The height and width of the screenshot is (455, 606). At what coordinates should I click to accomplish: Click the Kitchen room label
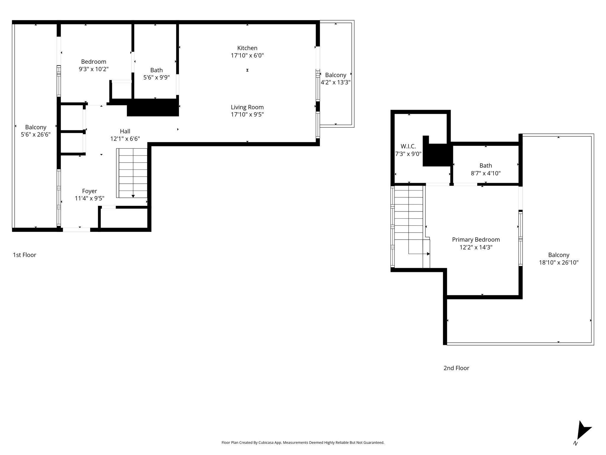click(247, 48)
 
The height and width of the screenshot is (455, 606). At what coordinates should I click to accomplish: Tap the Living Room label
click(247, 107)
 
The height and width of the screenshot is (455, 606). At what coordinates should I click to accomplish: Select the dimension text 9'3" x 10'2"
click(94, 69)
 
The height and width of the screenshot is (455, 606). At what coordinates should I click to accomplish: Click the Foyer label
click(89, 191)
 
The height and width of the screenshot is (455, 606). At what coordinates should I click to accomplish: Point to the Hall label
click(125, 131)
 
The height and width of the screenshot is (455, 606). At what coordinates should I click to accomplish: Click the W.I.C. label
click(408, 146)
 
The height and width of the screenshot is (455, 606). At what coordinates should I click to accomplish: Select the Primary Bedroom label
click(476, 240)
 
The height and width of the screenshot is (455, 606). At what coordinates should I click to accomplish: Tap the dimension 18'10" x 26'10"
click(559, 262)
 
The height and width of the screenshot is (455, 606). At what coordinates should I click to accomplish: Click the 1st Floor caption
click(25, 255)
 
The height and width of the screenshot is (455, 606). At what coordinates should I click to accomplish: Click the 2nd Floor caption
click(456, 368)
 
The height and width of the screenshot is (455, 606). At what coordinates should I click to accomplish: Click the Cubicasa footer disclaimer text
click(303, 443)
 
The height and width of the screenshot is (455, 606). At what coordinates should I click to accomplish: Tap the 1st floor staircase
click(133, 173)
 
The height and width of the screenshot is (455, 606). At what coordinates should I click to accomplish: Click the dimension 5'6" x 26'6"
click(36, 134)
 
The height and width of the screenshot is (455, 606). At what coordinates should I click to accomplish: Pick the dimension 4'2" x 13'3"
click(336, 82)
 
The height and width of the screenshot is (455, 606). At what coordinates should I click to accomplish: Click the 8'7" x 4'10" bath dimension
click(486, 173)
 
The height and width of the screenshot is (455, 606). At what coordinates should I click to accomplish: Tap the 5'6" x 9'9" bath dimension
click(156, 78)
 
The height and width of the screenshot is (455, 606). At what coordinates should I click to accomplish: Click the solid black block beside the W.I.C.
click(437, 153)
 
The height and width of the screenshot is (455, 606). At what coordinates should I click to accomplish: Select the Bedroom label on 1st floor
click(94, 62)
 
